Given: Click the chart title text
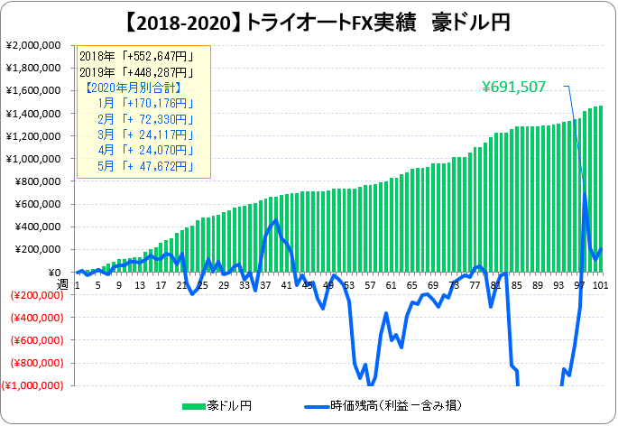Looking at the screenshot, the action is [x=318, y=23].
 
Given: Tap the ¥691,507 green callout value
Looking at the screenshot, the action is [x=514, y=87].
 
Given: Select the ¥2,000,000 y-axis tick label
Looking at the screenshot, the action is [x=33, y=45].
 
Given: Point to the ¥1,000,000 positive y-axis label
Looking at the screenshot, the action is [x=33, y=159].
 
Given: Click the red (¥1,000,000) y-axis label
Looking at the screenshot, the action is [x=32, y=385].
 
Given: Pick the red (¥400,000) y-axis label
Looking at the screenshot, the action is [x=37, y=318].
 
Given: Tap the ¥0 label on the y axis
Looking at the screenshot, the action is [x=55, y=273].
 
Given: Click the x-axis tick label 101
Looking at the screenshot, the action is [x=601, y=285].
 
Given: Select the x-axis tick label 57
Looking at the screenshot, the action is [x=370, y=285].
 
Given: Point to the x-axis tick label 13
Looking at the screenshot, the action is [x=140, y=285].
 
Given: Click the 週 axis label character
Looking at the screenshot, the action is [x=62, y=283].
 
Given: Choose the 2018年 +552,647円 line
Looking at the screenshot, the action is [x=137, y=56].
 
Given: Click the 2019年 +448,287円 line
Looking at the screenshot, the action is [x=137, y=72].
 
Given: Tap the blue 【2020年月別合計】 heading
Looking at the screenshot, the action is [x=134, y=88].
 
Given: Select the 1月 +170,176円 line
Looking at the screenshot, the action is [x=146, y=104].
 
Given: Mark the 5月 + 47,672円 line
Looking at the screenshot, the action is [x=146, y=166].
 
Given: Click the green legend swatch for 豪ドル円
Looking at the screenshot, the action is [x=194, y=406].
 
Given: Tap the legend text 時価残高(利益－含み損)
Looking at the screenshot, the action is [x=396, y=405].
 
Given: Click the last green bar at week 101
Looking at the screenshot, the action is [x=601, y=189].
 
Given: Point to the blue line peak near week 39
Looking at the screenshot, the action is [x=275, y=220].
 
